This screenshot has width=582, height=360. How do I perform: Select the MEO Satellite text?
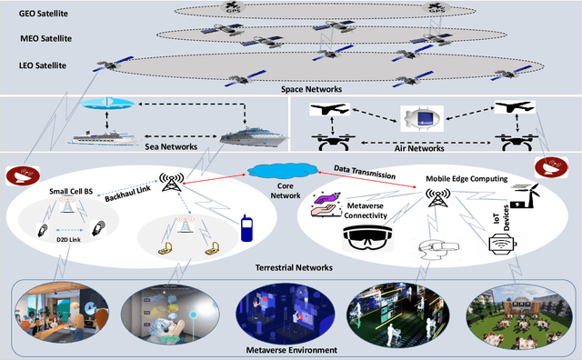point(45,39)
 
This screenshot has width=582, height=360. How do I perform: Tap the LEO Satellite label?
point(44,65)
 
